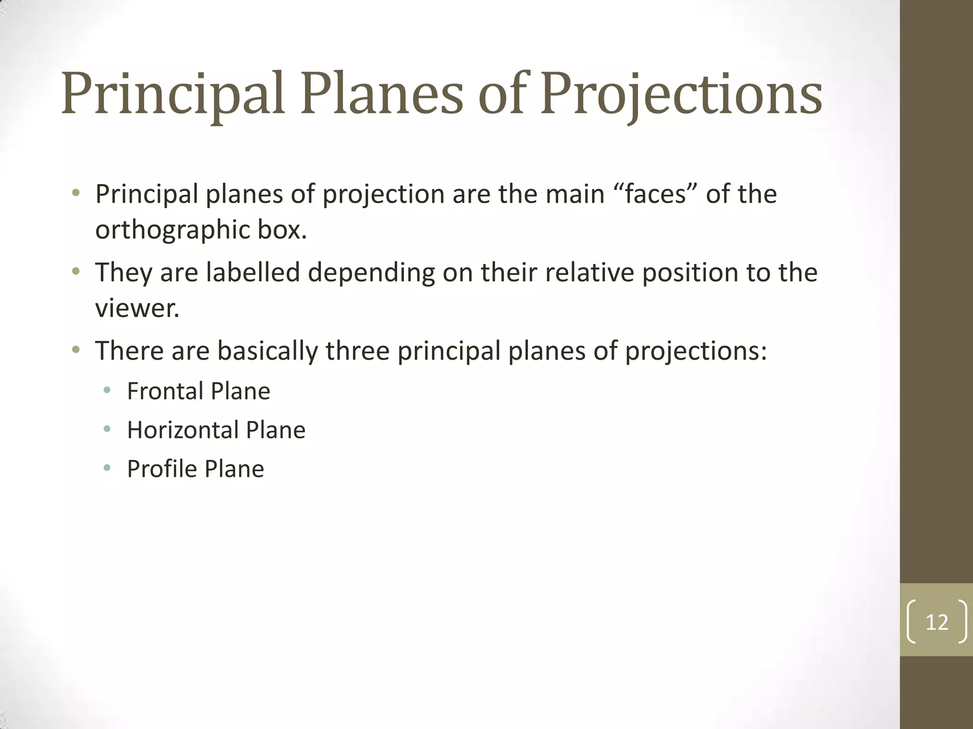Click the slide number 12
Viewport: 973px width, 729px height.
[x=937, y=622]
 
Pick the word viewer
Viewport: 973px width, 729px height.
[x=137, y=308]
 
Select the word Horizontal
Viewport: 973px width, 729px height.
[x=182, y=430]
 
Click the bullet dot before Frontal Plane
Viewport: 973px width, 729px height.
[x=107, y=391]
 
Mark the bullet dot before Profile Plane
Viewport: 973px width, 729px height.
[x=107, y=468]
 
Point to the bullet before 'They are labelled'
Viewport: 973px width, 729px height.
[x=76, y=272]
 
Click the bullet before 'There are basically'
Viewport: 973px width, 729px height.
[x=76, y=350]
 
